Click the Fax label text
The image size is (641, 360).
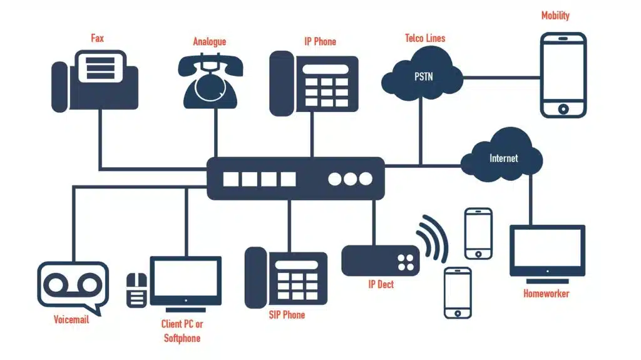pos(97,39)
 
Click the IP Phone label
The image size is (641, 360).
pos(320,42)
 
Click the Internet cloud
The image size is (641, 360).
pos(503,157)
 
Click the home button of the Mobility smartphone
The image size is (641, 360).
pos(563,109)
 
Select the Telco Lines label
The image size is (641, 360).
pos(425,39)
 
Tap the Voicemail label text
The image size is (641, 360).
pos(71,320)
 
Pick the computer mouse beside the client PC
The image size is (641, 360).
pos(137,290)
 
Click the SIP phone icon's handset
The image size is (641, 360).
pos(255,278)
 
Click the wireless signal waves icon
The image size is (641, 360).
pos(433,237)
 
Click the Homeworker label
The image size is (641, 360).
pos(546,293)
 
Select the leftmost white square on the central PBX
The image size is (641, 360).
pos(231,179)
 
